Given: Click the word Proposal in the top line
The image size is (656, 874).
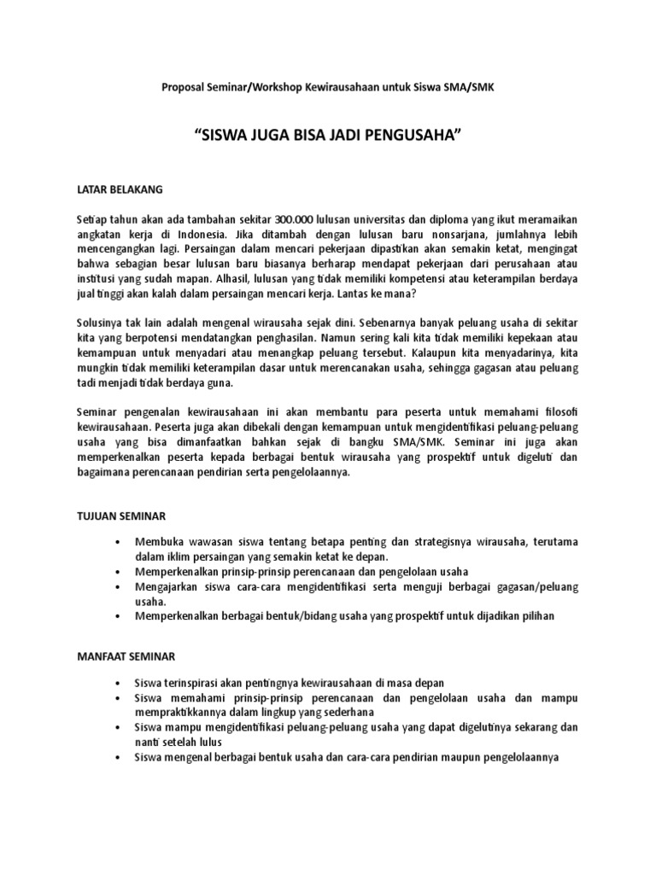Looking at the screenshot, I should pyautogui.click(x=183, y=88).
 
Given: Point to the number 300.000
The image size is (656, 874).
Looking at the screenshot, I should pyautogui.click(x=261, y=221).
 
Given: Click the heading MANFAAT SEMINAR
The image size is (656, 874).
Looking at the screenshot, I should pyautogui.click(x=126, y=656).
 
